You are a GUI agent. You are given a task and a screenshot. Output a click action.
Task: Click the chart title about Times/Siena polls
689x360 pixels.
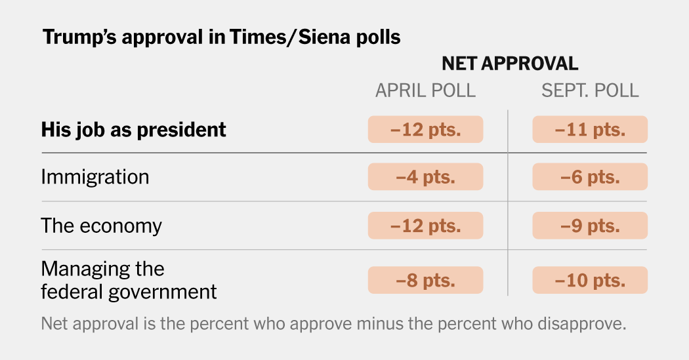coord(221,37)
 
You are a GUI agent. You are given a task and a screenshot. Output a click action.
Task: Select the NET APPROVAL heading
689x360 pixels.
coord(509,64)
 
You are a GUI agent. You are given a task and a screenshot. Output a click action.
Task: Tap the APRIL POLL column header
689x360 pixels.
coord(425,90)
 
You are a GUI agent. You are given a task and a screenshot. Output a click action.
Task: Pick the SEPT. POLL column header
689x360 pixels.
coord(590,90)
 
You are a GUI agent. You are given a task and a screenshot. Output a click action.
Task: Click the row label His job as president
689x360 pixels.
coord(133,129)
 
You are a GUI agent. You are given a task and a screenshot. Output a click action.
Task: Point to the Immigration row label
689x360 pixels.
coord(95,177)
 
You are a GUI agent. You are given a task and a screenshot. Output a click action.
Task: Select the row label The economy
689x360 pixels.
coord(101,226)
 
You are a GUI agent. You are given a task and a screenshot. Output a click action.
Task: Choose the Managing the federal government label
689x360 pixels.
coord(129,280)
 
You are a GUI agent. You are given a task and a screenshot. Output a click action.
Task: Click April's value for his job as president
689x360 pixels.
coord(425,129)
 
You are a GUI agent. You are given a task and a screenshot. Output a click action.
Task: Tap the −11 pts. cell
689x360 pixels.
coord(590,129)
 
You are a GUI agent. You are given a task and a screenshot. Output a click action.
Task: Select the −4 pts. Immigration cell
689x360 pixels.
coord(425,177)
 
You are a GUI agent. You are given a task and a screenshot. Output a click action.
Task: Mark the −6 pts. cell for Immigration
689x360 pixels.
coord(590,177)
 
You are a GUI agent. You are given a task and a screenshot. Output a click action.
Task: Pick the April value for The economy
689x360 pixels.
coord(425,226)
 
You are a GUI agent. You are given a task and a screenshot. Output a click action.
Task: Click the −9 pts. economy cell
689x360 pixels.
coord(590,226)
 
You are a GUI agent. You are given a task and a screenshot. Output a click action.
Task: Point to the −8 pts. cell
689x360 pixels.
coord(425,280)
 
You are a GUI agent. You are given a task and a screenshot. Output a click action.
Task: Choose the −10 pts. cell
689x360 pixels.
coord(590,280)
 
